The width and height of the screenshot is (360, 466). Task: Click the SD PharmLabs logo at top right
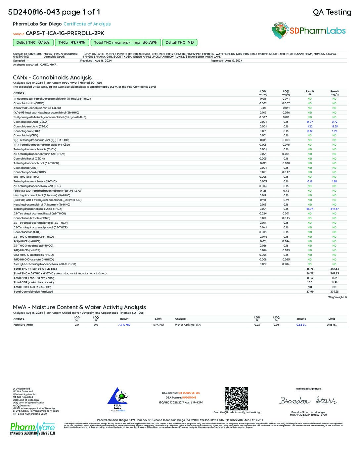point(308,31)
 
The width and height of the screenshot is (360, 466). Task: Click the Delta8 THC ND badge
point(180,42)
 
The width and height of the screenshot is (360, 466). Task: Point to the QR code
point(236,398)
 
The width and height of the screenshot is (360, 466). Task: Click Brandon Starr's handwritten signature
point(308,400)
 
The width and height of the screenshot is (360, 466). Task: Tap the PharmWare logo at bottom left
point(32,429)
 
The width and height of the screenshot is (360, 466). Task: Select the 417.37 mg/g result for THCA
point(334,209)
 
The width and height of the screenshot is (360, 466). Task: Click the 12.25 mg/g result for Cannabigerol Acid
point(334,126)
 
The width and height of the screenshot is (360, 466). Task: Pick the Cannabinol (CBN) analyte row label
point(25,168)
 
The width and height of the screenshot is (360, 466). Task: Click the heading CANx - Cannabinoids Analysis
point(52,77)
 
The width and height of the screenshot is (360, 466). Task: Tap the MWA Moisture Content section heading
point(79,307)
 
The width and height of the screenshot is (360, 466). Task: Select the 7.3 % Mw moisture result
point(124,325)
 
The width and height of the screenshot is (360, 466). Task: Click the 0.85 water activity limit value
point(332,325)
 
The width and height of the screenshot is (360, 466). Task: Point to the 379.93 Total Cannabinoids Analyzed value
point(334,292)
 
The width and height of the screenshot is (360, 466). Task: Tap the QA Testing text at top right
point(332,12)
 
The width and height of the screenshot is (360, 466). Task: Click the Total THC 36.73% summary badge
point(125,42)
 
